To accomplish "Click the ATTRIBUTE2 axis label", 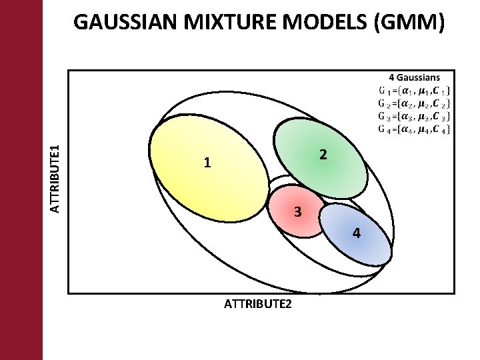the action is point(258,304).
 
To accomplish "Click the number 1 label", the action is point(208,162).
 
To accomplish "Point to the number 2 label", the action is point(323,155).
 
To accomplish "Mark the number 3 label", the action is point(299,213).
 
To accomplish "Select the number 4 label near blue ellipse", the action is point(357,233).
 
